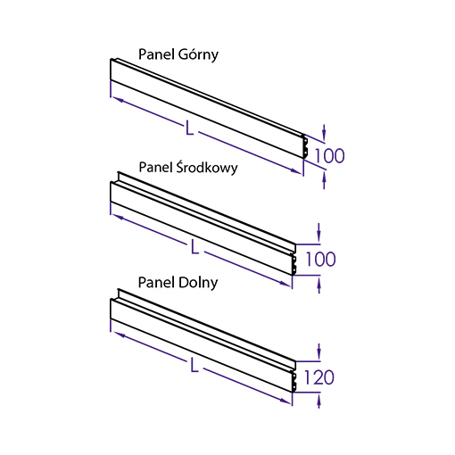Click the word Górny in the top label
click(x=198, y=55)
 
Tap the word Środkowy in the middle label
click(x=207, y=167)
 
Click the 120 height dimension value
click(x=319, y=377)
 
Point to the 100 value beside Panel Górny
click(x=329, y=155)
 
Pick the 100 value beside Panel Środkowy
click(x=321, y=259)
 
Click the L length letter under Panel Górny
click(x=189, y=128)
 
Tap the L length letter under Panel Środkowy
click(x=194, y=246)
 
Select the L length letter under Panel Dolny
click(x=194, y=365)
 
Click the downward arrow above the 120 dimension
click(x=319, y=352)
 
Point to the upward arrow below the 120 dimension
click(x=319, y=401)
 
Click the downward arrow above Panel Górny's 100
click(x=324, y=132)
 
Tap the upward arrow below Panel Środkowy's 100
click(x=319, y=285)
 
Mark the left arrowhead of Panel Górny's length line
click(x=118, y=99)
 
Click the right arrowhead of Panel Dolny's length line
click(x=285, y=401)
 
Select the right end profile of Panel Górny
click(x=305, y=146)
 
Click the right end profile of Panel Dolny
click(x=294, y=377)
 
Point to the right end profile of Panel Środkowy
click(x=294, y=260)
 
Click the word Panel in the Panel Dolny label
click(x=157, y=282)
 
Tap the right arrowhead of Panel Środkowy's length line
click(x=285, y=284)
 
